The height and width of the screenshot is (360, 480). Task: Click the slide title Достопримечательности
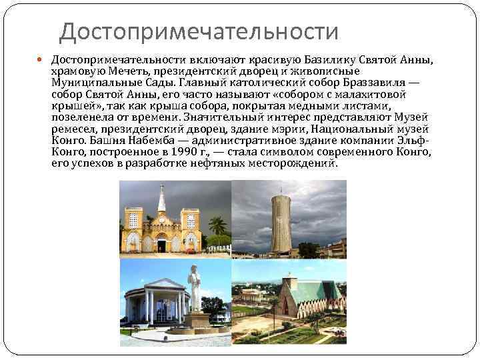(x=199, y=31)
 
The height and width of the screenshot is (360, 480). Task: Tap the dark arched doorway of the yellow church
(x=161, y=245)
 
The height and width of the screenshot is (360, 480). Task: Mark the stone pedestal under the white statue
(x=196, y=320)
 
